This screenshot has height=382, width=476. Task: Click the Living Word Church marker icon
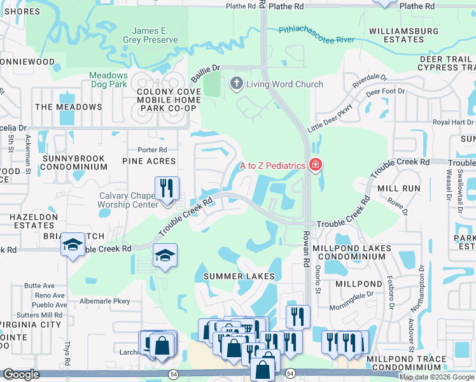pyautogui.click(x=236, y=83)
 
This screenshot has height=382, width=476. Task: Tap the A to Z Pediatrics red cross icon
pyautogui.click(x=314, y=166)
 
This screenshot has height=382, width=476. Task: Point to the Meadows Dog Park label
pyautogui.click(x=108, y=80)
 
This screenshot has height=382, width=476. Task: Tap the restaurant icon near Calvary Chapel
pyautogui.click(x=167, y=188)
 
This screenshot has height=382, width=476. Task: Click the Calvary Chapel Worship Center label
pyautogui.click(x=128, y=201)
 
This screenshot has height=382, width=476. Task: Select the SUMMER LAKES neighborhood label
pyautogui.click(x=239, y=276)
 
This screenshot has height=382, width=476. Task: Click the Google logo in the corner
pyautogui.click(x=20, y=375)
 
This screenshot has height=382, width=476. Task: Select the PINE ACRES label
pyautogui.click(x=152, y=161)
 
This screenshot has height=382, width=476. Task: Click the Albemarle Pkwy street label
pyautogui.click(x=105, y=301)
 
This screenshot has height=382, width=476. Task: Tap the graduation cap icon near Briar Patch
pyautogui.click(x=73, y=245)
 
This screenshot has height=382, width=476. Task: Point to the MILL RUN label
pyautogui.click(x=399, y=189)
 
